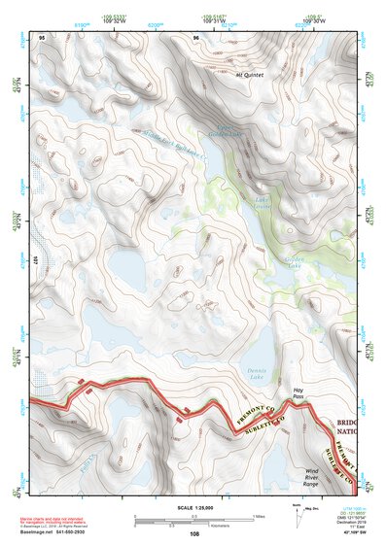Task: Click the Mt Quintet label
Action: click(x=249, y=73)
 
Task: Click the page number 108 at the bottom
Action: click(x=196, y=533)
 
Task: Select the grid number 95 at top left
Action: click(x=42, y=38)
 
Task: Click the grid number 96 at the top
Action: click(x=196, y=38)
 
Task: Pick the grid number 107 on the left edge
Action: click(x=33, y=259)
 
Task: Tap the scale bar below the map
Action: click(x=194, y=517)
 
